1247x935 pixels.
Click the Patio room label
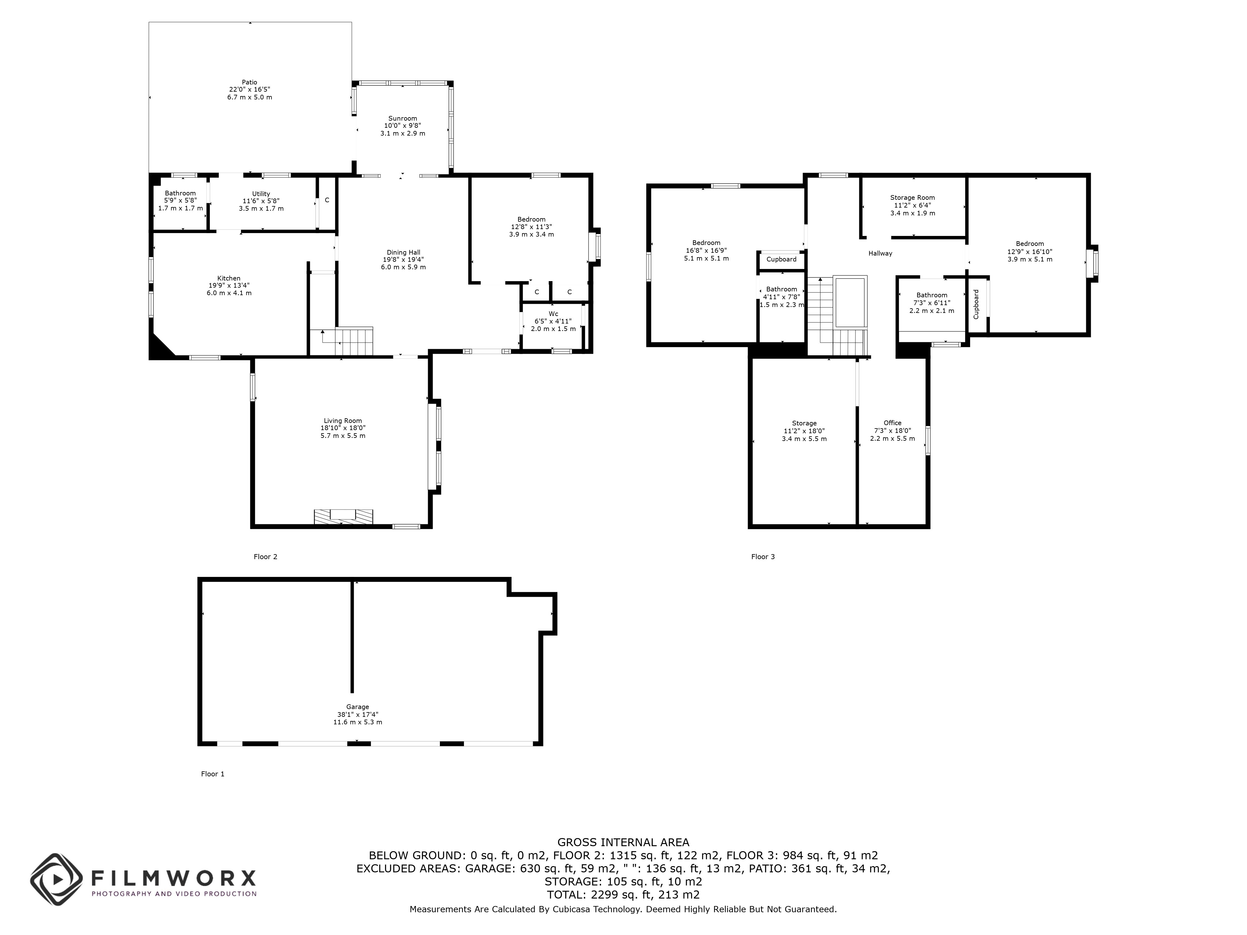tap(250, 82)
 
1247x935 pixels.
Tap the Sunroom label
tap(402, 118)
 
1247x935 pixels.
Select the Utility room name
tap(261, 194)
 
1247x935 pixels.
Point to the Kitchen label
tap(229, 278)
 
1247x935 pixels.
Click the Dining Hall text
tap(403, 252)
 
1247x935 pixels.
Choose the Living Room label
tap(343, 420)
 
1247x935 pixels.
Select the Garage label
tap(357, 707)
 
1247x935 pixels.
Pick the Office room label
tap(893, 423)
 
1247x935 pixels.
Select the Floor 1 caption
tap(213, 774)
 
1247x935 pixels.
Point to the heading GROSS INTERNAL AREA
tap(623, 842)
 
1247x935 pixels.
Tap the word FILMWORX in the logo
tap(174, 878)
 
